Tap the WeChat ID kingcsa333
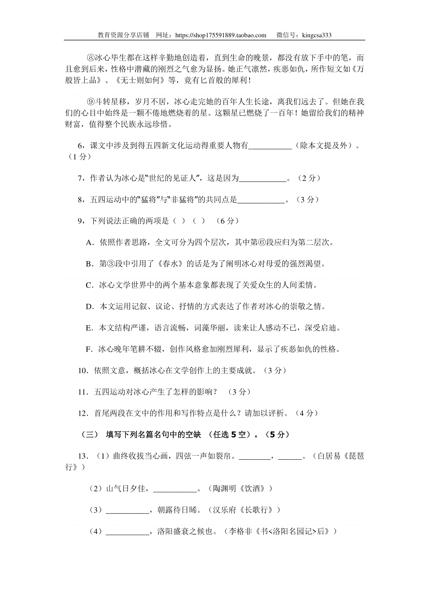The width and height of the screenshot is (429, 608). (317, 35)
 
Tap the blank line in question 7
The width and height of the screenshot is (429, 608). (263, 178)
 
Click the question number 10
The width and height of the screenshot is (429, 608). (83, 371)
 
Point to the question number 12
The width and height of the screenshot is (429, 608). (83, 414)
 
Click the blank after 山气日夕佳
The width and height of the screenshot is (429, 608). (176, 489)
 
